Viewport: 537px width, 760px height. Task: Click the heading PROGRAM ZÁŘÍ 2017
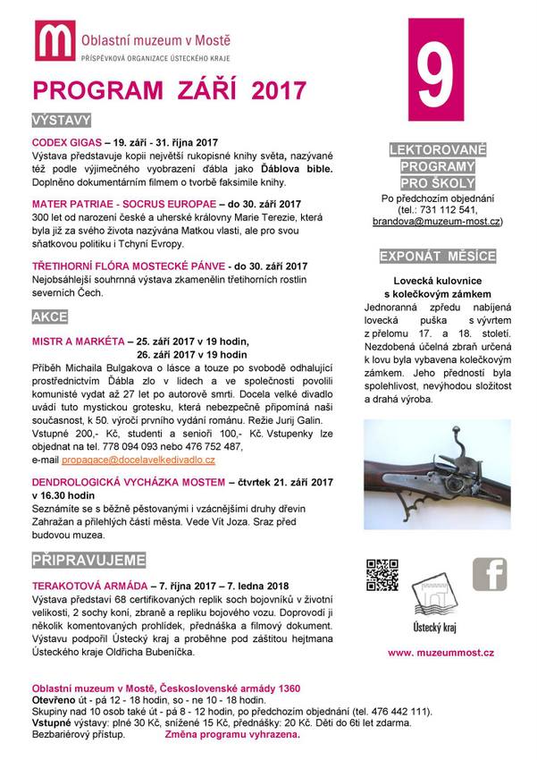(x=169, y=91)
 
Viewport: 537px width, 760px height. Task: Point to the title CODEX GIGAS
(x=64, y=142)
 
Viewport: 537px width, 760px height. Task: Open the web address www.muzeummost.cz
(x=441, y=654)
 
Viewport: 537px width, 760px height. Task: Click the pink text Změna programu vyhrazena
(x=231, y=734)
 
